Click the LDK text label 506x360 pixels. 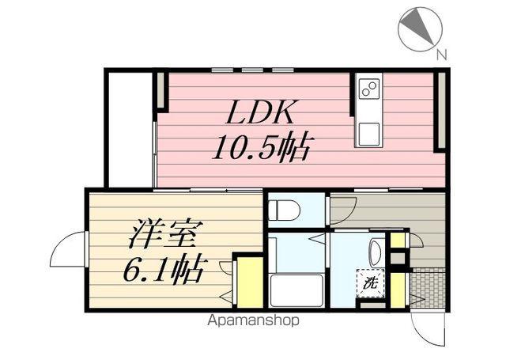(261, 112)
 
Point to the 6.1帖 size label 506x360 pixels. (164, 269)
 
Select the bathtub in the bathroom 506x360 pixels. (296, 290)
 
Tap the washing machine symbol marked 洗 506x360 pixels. (371, 282)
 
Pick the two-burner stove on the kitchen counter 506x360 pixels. (369, 88)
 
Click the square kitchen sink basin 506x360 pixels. (369, 134)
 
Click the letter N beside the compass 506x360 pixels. (441, 55)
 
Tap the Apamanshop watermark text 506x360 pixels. (253, 320)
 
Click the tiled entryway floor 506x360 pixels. (428, 287)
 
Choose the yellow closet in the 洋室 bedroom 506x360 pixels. (251, 282)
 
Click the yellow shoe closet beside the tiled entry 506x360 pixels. (398, 290)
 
